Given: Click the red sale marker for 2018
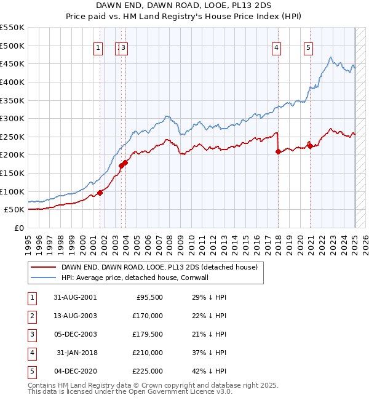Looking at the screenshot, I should [278, 151].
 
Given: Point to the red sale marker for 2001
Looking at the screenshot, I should [100, 193].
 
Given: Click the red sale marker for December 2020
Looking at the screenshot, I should [311, 146].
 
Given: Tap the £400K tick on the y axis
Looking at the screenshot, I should [12, 82].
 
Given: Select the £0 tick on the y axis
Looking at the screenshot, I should [20, 228].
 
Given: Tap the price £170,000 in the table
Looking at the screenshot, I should [148, 316].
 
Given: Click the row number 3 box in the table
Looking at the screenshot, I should [31, 334].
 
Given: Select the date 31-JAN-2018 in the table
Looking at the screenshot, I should [76, 353].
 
